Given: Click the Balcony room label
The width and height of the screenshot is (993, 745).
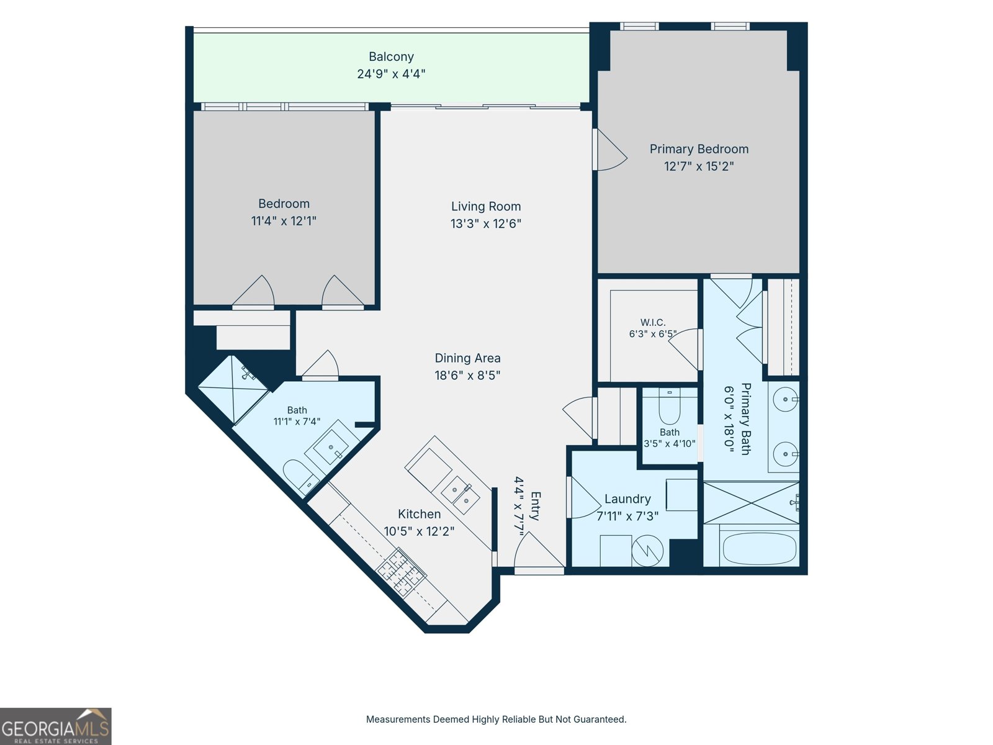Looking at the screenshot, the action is click(392, 56).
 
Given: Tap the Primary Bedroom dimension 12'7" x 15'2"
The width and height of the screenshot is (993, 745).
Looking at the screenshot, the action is click(699, 166).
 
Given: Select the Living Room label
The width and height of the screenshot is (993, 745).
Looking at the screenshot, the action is click(486, 206).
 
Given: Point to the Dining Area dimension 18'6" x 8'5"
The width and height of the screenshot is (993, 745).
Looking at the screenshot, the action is click(467, 376).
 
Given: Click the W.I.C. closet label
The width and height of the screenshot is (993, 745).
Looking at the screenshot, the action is click(653, 322).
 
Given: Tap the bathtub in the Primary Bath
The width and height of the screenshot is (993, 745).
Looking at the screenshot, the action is click(760, 548).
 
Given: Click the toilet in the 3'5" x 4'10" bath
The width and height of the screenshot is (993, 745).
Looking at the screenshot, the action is click(670, 406).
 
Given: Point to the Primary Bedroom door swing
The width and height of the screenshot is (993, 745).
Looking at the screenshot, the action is click(610, 150).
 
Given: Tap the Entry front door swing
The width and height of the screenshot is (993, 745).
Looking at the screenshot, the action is click(539, 550).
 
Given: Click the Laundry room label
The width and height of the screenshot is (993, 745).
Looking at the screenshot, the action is click(627, 499).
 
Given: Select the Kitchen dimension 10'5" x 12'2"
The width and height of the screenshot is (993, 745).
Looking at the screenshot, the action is click(419, 531).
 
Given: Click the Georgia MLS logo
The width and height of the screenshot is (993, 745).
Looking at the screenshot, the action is click(56, 726).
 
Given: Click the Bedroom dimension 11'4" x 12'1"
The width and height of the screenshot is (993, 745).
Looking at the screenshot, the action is click(284, 221).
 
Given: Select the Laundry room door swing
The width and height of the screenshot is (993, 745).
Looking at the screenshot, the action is click(586, 497).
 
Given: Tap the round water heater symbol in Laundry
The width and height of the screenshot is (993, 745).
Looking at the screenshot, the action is click(647, 551).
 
